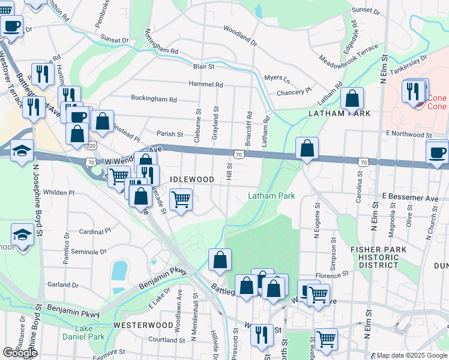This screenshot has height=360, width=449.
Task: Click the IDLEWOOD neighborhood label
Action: [x=192, y=179]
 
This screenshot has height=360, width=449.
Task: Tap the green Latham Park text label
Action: [x=272, y=196]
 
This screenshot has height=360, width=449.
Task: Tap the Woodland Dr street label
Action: [x=240, y=36]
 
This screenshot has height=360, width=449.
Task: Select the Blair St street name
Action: [x=205, y=67]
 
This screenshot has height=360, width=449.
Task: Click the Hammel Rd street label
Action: [x=206, y=85]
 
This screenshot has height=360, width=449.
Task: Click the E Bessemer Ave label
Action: [x=411, y=197]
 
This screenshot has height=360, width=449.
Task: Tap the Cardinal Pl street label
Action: [x=95, y=230]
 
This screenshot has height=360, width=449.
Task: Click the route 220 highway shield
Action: [x=91, y=146]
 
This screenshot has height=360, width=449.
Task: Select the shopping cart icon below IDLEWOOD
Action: [x=181, y=199]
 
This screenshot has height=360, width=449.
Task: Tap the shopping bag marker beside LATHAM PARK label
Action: [x=352, y=98]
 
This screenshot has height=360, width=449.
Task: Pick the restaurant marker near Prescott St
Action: [x=261, y=335]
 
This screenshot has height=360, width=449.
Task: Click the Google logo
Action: [x=19, y=353]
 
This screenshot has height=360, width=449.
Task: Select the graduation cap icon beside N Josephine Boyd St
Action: [x=22, y=150]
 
